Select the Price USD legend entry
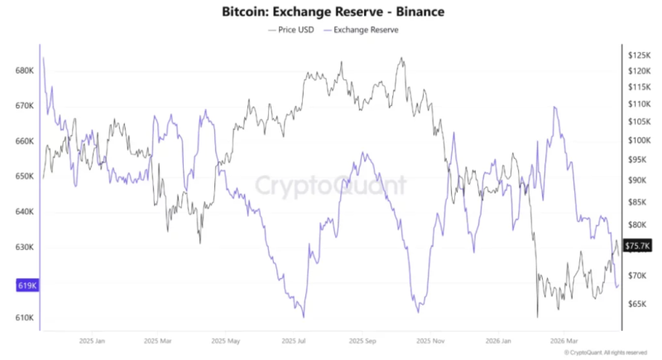tap(291, 29)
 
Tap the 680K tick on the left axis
tap(24, 71)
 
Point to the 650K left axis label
tap(24, 177)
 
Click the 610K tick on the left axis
tap(24, 318)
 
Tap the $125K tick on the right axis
tap(640, 55)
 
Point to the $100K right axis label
tap(640, 141)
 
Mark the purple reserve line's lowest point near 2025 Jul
tap(304, 316)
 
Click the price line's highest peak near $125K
tap(401, 59)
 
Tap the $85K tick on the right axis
tap(638, 202)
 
